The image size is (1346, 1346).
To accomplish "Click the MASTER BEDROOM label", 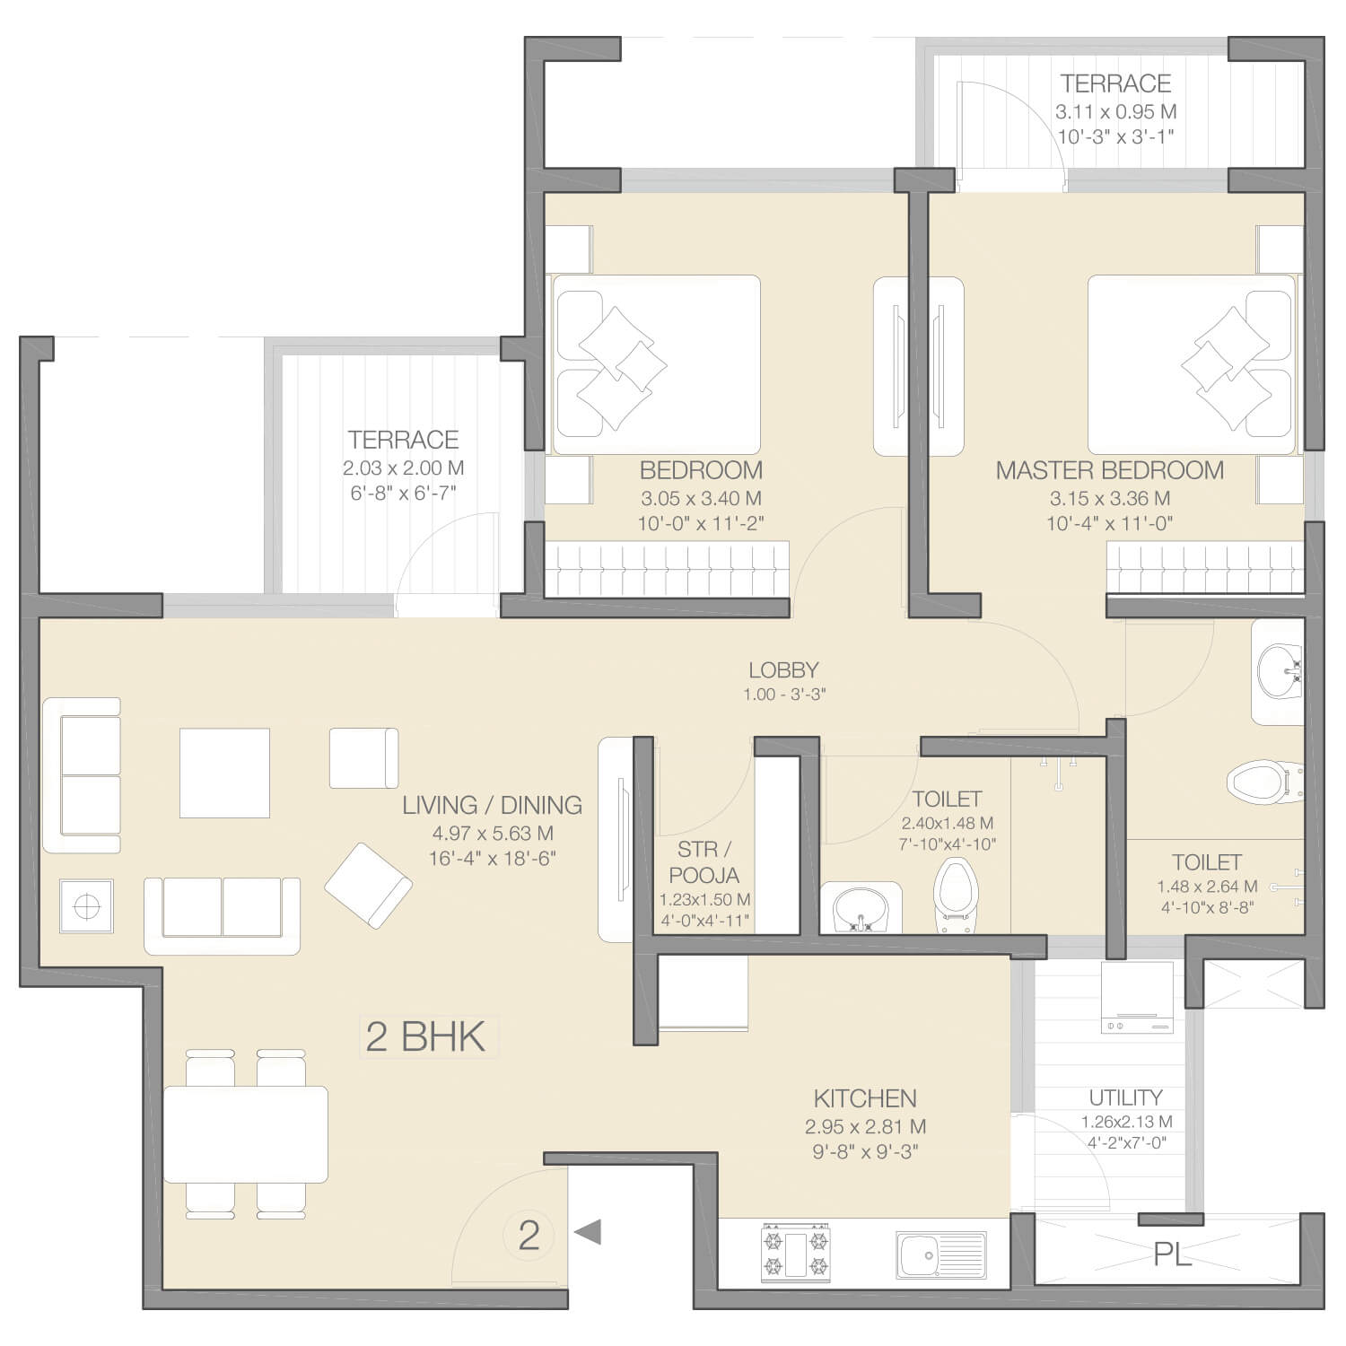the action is point(1109,470).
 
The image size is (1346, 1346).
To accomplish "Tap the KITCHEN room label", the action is point(865,1098).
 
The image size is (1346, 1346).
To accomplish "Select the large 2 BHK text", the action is point(425,1036).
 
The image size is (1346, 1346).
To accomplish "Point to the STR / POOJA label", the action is point(704,861).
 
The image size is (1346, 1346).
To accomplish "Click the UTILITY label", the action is point(1125,1097).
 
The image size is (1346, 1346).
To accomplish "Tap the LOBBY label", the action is point(783,669).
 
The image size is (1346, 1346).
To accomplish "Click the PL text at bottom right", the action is point(1172,1255).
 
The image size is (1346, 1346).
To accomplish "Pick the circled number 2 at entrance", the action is point(529,1236).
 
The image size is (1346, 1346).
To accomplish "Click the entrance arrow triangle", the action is point(588,1232).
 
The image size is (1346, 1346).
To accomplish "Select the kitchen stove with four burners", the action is point(795,1250).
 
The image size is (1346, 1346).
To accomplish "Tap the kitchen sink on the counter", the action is point(940,1254).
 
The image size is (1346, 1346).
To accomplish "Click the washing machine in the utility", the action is point(1137,998).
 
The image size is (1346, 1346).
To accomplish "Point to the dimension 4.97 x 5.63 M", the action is point(493,833).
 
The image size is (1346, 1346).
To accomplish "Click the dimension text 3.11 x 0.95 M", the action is point(1115,112).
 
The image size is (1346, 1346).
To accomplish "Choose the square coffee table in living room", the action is point(224,773).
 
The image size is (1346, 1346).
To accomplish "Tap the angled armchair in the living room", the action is point(369,885).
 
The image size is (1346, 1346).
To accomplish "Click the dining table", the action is point(245,1134).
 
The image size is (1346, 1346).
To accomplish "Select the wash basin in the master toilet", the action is point(1278,672).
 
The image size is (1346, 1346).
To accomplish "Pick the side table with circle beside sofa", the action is point(86,906).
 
